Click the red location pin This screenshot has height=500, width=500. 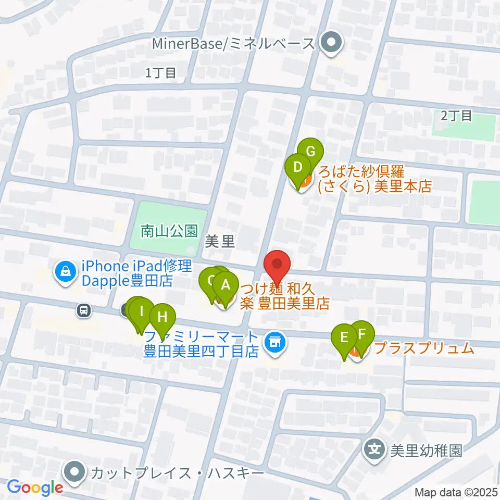(277, 267)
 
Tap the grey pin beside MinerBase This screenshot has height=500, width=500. (329, 43)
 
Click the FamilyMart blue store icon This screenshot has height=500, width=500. (274, 342)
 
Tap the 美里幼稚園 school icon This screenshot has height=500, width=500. (375, 450)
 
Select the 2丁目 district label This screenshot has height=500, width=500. (456, 115)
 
